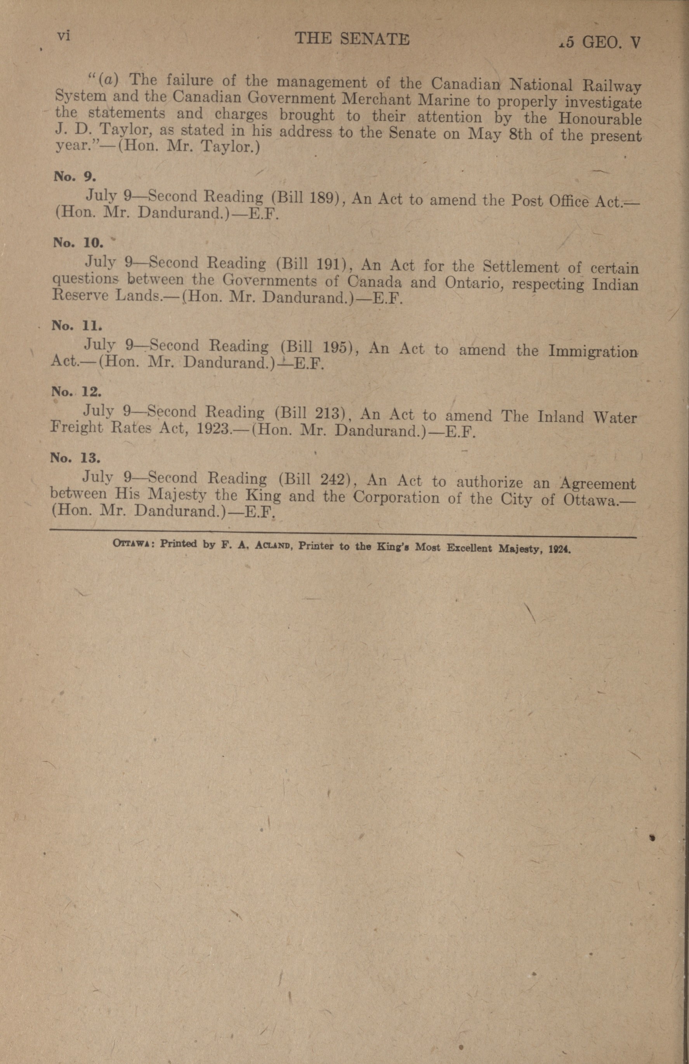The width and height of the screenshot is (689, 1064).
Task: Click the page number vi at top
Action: click(x=64, y=37)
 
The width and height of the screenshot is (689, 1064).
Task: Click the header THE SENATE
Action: click(x=352, y=40)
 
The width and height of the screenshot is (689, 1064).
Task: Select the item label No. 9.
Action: click(x=75, y=177)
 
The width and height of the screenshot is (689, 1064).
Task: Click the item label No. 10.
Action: click(x=78, y=243)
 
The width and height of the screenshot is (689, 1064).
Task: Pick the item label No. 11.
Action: click(x=76, y=325)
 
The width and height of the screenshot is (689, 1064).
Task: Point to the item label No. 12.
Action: click(x=76, y=392)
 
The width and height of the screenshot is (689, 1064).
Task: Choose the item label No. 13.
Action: click(x=75, y=457)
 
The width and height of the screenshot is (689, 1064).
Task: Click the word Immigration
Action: click(x=593, y=351)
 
